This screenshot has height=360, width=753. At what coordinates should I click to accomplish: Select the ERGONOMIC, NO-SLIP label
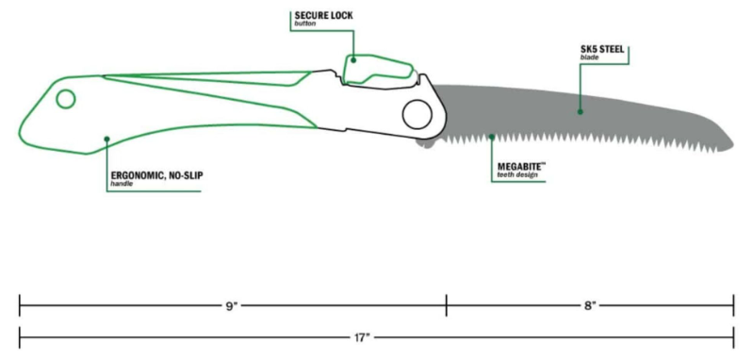pos(155,174)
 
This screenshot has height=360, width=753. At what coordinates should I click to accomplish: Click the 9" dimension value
pos(231,305)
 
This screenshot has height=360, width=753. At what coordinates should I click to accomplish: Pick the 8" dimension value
pos(590,305)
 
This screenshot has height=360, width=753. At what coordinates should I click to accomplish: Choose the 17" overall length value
pos(362,335)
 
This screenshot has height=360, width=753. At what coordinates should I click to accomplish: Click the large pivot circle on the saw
pos(416,115)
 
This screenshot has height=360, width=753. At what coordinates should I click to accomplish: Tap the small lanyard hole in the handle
pos(65,99)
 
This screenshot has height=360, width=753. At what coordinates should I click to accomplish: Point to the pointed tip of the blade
pos(730,143)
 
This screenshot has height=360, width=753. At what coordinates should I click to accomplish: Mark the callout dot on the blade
pos(580,111)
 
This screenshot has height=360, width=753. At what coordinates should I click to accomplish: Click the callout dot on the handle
pos(107,139)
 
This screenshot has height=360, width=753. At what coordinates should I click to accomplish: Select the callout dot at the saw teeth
pos(491,138)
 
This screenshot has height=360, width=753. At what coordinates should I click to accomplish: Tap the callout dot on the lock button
pos(354,58)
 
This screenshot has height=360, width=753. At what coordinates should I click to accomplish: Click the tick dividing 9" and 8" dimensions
pos(446,305)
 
